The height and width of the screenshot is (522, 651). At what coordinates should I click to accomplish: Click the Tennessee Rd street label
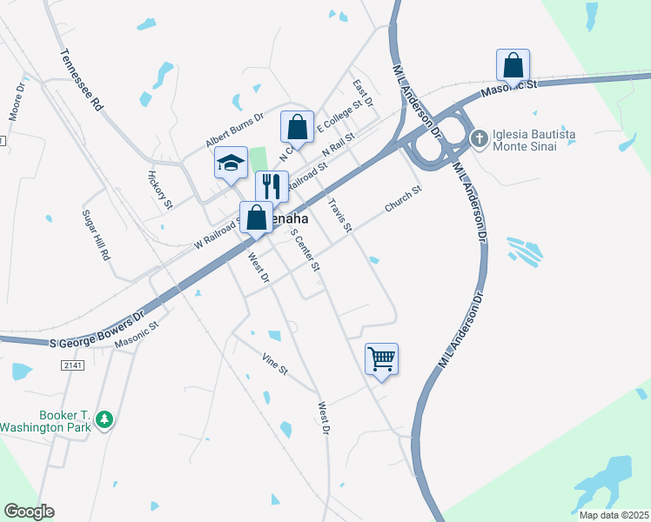[x=82, y=79]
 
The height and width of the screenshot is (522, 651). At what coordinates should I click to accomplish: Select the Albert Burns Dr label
[x=234, y=130]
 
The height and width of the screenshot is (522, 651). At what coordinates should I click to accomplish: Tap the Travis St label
[x=340, y=215]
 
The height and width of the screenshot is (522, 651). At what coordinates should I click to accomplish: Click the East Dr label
[x=363, y=94]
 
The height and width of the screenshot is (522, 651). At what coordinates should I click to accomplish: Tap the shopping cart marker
[x=382, y=358]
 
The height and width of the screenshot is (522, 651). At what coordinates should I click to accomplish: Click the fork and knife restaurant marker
[x=272, y=185]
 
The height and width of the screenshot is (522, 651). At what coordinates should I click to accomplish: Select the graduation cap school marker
[x=231, y=163]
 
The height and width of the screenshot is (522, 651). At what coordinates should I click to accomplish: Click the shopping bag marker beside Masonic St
[x=513, y=64]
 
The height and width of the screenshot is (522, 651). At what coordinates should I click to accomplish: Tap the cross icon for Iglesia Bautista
[x=479, y=138]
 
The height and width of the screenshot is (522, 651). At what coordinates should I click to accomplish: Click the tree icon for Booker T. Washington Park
[x=104, y=419]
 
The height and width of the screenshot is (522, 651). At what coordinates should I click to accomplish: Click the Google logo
[x=29, y=512]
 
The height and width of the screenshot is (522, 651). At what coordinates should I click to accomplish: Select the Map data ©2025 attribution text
[x=613, y=515]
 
